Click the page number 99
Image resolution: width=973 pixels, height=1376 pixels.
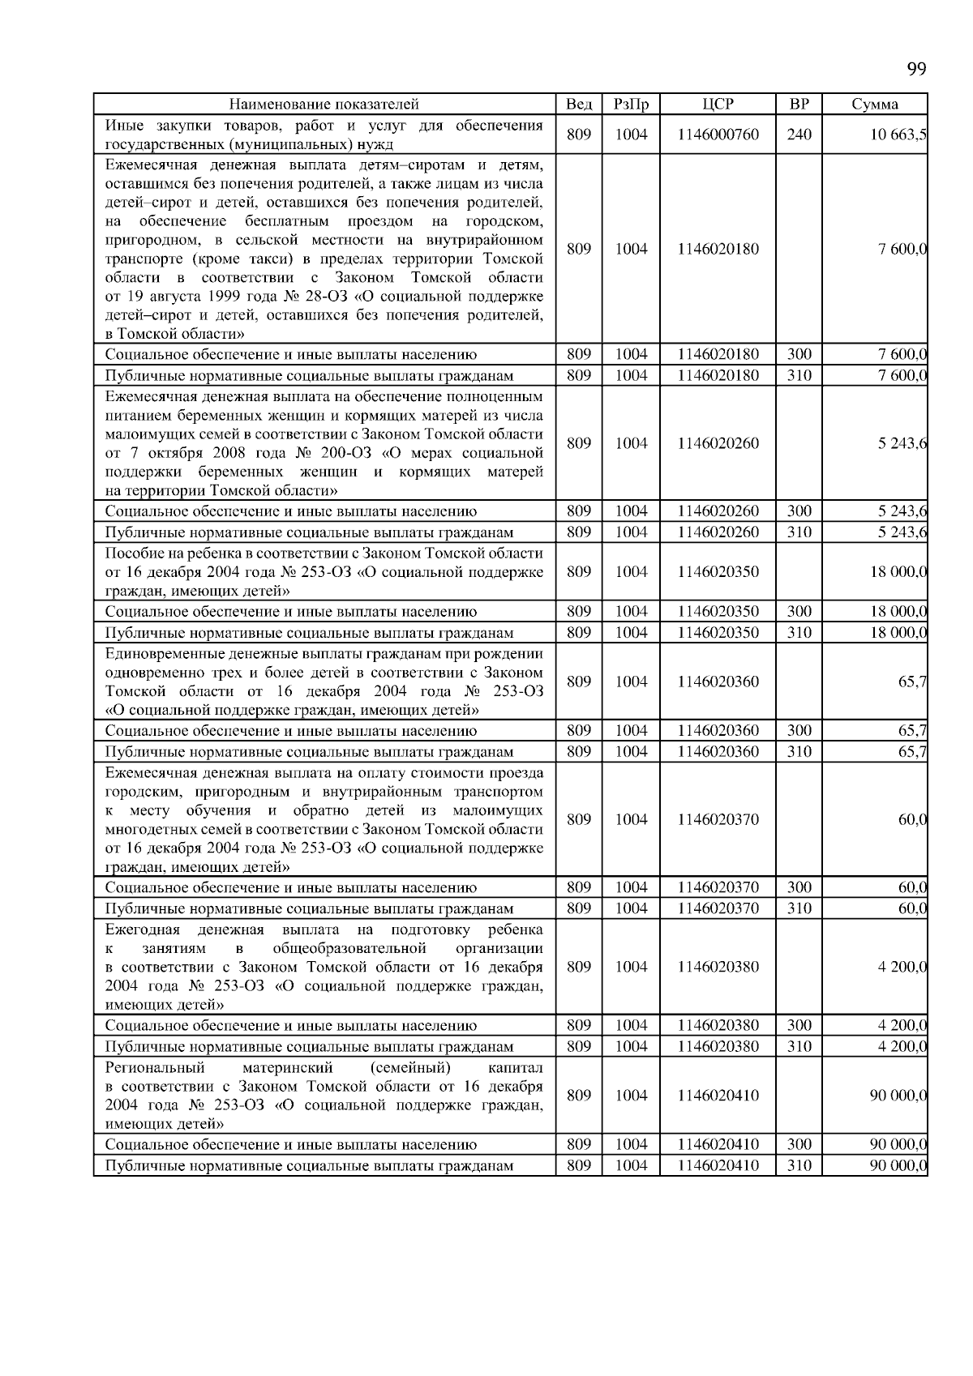[916, 69]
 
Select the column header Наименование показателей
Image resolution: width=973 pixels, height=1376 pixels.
[324, 105]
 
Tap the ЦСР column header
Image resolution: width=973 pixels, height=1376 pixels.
[718, 105]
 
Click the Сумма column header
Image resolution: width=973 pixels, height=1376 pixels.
[875, 105]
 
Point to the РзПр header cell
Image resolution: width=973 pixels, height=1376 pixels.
[631, 105]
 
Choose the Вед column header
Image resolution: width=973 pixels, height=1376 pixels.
[579, 105]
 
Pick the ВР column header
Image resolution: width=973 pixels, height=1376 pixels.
[799, 105]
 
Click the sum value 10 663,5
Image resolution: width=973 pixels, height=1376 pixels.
[898, 135]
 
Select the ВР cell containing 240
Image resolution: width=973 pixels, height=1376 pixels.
[799, 135]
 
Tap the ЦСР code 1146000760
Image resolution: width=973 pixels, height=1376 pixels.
[718, 135]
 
